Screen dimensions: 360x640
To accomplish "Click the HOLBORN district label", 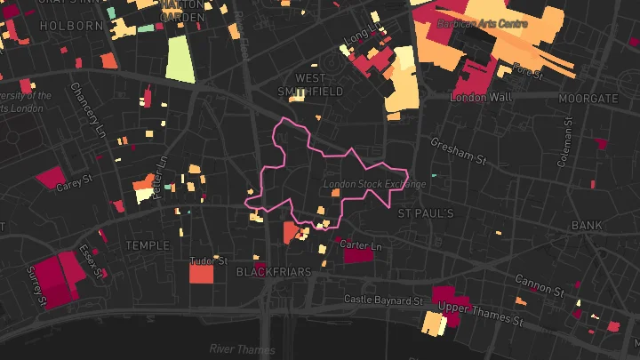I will (x=71, y=26).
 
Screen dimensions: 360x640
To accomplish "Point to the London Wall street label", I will (x=481, y=96).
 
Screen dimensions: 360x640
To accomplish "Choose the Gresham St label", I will (x=460, y=151).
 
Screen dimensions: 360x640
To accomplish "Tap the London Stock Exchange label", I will (x=374, y=185).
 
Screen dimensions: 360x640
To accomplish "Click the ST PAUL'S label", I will (x=426, y=214).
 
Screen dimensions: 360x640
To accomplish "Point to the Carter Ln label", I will (x=360, y=244).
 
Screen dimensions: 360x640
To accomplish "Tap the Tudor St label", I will (x=209, y=261).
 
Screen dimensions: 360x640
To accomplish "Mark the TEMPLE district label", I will (x=147, y=244).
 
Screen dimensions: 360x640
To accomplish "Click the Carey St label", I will (x=74, y=184).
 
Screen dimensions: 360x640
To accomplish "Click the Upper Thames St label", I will (x=481, y=313).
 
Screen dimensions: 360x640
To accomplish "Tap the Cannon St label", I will (x=540, y=284).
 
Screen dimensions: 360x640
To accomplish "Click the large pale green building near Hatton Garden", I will (x=180, y=60).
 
